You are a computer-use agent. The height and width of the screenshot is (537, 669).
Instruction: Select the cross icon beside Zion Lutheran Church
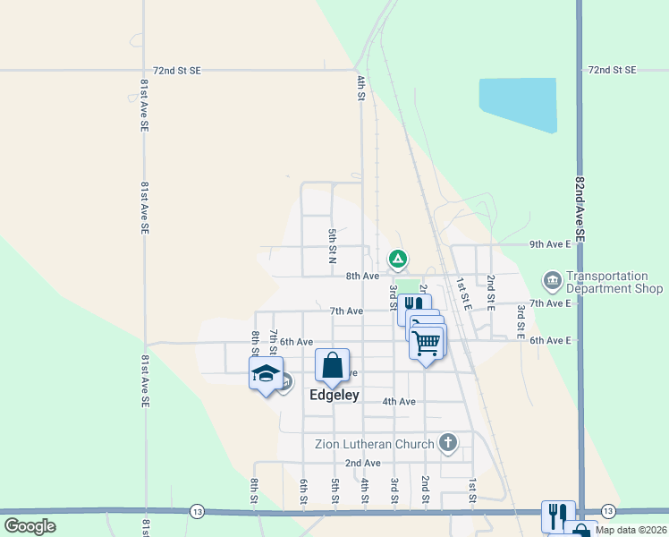click(448, 442)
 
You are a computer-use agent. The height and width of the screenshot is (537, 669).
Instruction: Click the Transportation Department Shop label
click(614, 283)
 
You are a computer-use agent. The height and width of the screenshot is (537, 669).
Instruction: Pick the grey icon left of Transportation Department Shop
click(551, 282)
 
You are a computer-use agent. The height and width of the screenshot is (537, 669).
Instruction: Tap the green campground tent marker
click(398, 260)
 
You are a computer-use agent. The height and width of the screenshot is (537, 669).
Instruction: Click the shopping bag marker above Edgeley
click(332, 364)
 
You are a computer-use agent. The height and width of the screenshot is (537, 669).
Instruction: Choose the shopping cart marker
click(427, 342)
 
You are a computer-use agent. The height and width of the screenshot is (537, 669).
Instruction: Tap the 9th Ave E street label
click(550, 243)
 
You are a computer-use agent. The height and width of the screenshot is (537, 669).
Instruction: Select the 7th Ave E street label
click(550, 303)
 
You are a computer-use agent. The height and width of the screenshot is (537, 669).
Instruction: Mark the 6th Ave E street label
click(550, 341)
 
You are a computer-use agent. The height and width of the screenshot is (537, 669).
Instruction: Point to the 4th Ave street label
click(399, 402)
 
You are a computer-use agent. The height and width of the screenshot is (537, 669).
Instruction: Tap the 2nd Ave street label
click(363, 463)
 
